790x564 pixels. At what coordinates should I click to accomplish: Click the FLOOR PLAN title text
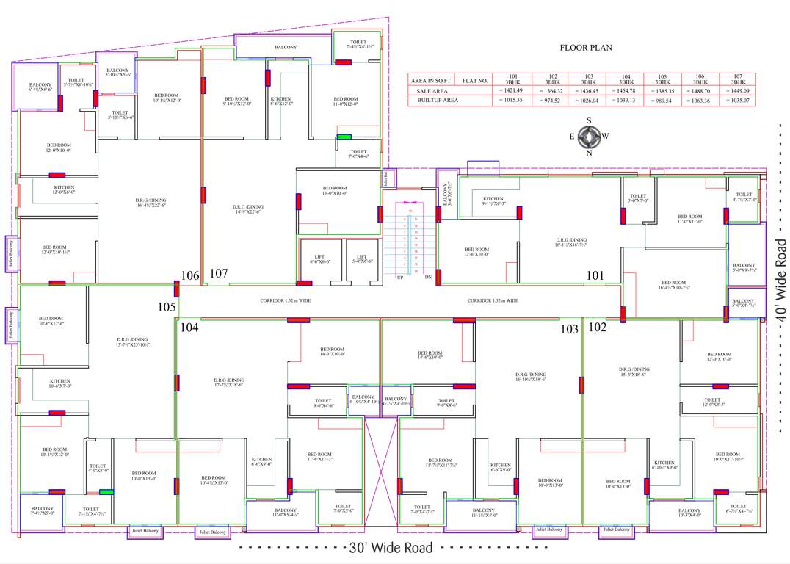(586, 48)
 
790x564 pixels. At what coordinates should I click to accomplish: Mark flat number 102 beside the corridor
(597, 328)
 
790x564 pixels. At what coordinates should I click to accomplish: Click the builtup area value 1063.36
(700, 100)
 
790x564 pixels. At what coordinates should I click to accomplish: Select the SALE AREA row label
(427, 90)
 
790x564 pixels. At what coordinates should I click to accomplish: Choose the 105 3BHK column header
(662, 79)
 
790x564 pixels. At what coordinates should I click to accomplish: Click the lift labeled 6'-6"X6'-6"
(319, 258)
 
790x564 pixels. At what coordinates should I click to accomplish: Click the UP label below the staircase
(400, 278)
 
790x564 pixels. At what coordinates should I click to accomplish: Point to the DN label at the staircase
(427, 278)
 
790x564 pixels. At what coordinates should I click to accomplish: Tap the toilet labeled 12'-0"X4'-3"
(718, 402)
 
